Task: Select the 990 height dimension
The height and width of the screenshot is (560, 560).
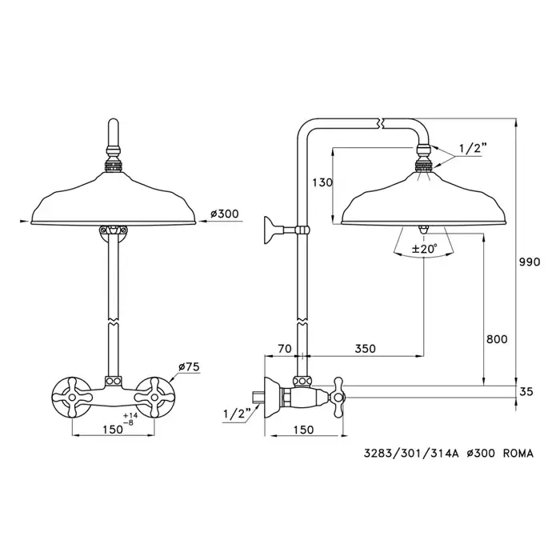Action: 530,262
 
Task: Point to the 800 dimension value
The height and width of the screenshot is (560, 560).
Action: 496,338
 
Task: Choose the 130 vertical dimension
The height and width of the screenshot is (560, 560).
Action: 322,183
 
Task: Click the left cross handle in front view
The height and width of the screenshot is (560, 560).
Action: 69,394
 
